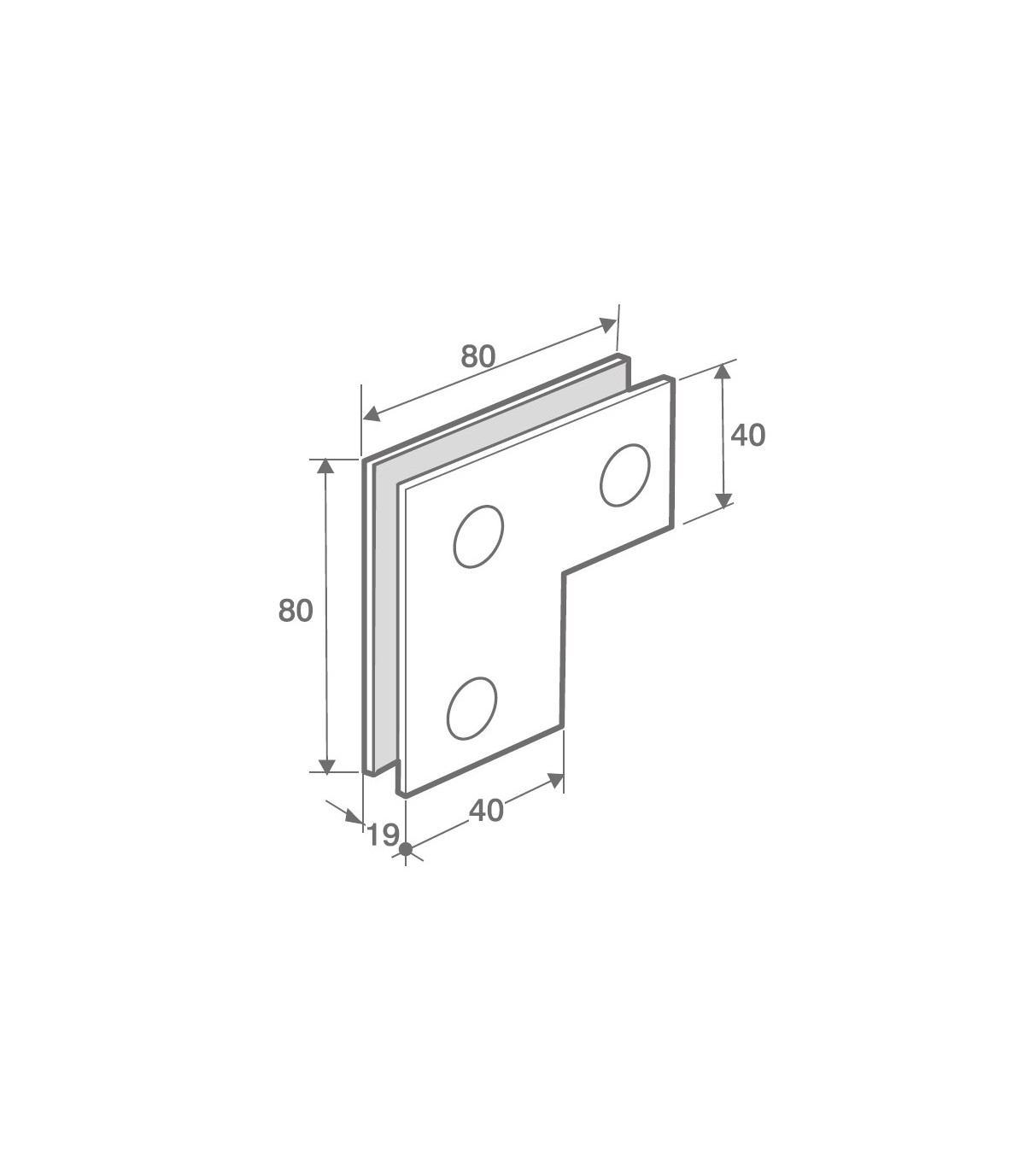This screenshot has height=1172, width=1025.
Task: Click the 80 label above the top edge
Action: point(477,356)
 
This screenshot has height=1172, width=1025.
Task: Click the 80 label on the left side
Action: point(296,611)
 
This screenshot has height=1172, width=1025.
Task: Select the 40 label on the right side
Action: point(748,436)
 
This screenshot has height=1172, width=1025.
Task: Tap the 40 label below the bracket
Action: point(487,811)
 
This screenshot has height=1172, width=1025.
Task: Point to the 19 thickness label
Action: point(383,835)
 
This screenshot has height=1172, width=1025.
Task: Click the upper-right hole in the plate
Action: point(625,475)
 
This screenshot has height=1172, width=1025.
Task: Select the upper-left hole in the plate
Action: point(478,536)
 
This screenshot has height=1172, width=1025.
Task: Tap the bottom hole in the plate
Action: point(471,708)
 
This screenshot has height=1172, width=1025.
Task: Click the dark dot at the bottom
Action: point(406,849)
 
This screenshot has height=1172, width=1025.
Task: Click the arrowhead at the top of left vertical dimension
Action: point(325,466)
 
